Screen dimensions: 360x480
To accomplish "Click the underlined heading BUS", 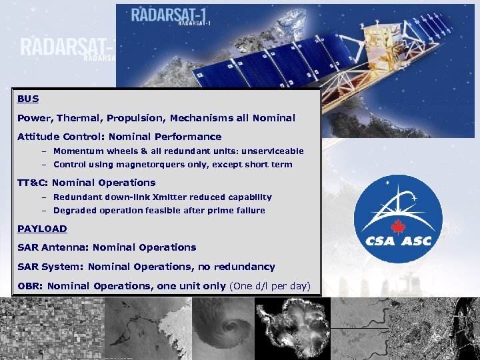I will (28, 99).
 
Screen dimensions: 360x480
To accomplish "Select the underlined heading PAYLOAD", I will (42, 229).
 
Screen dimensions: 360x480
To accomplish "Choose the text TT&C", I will (32, 183).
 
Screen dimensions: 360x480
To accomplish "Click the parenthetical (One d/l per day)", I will (270, 286).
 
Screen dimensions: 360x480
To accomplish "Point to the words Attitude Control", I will (57, 137).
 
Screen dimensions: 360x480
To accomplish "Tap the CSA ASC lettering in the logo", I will (398, 241).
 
